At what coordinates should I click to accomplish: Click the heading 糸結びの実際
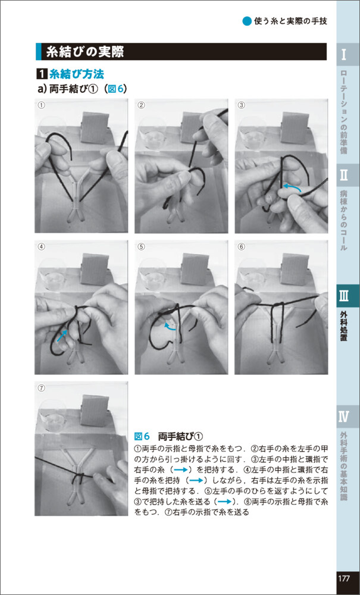(x=84, y=52)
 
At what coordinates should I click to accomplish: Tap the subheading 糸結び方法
(x=77, y=74)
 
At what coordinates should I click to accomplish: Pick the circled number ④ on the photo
(x=41, y=246)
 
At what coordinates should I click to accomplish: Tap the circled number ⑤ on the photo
(x=141, y=246)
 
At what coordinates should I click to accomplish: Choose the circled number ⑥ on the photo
(x=241, y=246)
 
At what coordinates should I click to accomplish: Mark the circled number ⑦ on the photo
(x=41, y=388)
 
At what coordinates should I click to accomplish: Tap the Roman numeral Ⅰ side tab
(x=343, y=54)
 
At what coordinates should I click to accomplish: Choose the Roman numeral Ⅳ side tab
(x=343, y=416)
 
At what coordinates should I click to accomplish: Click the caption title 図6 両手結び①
(x=170, y=436)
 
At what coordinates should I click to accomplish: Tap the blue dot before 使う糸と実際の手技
(x=246, y=21)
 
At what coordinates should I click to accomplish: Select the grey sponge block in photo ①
(x=95, y=127)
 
